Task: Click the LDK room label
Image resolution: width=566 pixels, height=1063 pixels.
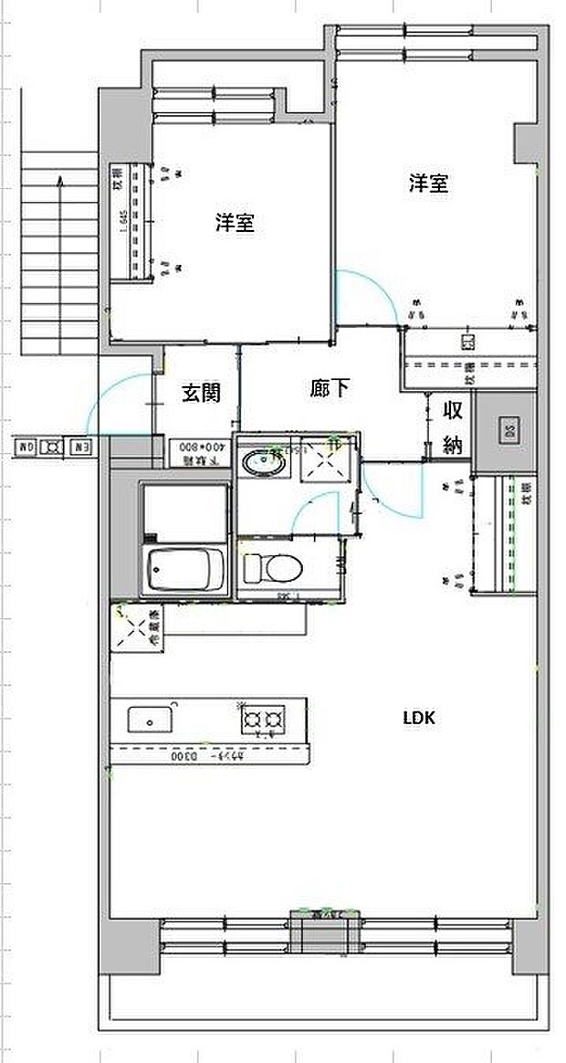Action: click(420, 718)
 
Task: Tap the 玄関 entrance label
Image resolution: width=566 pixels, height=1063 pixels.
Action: click(201, 393)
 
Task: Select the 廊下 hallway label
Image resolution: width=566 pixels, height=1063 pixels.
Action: click(329, 389)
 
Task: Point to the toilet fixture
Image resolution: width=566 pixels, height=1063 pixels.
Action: click(272, 569)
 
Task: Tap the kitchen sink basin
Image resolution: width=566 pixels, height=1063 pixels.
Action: click(148, 720)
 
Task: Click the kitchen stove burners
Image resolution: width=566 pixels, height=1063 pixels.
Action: click(261, 720)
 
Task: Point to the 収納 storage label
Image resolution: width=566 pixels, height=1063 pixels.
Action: click(452, 426)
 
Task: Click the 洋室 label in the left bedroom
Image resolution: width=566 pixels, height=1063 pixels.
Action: click(235, 222)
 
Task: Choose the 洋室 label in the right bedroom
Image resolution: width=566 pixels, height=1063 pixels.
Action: click(427, 184)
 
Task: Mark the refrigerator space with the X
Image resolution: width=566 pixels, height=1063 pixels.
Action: click(134, 628)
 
